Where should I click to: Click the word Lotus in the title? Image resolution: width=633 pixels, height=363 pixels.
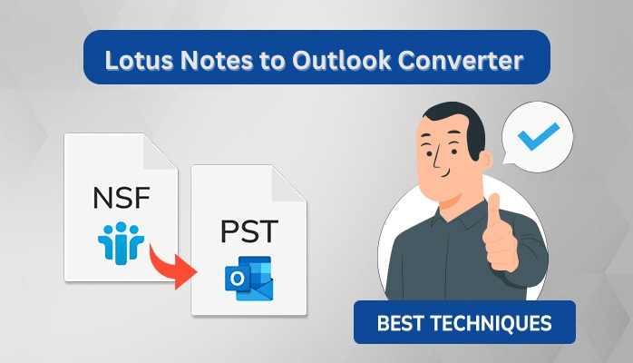click(x=140, y=61)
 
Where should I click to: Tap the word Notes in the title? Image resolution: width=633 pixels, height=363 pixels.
click(x=216, y=61)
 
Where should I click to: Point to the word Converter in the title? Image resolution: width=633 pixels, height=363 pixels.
click(x=461, y=61)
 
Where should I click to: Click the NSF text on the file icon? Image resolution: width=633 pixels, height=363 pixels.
click(x=122, y=198)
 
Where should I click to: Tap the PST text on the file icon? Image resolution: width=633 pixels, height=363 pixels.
click(x=249, y=231)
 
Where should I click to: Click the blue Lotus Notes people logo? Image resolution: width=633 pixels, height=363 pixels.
click(x=121, y=243)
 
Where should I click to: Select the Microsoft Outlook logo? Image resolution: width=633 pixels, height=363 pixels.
click(x=249, y=279)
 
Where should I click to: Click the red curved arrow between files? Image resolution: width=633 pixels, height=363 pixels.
click(x=171, y=268)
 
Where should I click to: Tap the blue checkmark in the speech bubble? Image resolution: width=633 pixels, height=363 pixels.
click(x=539, y=135)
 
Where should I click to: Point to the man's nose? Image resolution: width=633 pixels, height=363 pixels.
click(x=437, y=161)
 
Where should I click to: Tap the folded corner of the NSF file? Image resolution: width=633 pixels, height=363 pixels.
click(x=161, y=152)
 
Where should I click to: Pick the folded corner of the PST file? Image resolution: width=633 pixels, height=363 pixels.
click(x=288, y=183)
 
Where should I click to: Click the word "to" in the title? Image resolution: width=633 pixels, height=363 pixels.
click(x=271, y=62)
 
